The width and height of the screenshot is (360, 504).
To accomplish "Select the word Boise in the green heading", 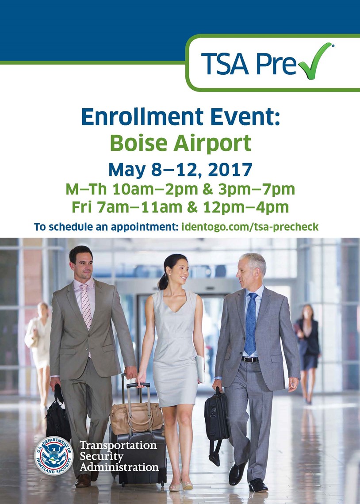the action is [x=138, y=143].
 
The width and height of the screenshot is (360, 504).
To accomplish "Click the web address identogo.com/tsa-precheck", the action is [x=250, y=227].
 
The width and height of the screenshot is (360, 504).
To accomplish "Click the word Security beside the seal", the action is [x=101, y=456].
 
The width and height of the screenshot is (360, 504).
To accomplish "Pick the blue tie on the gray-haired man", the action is [x=251, y=323].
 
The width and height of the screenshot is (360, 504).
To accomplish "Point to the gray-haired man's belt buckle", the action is [x=250, y=359].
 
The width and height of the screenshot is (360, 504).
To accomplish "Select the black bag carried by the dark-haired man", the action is [x=58, y=418].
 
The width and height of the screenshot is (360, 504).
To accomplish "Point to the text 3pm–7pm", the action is [x=256, y=190].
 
